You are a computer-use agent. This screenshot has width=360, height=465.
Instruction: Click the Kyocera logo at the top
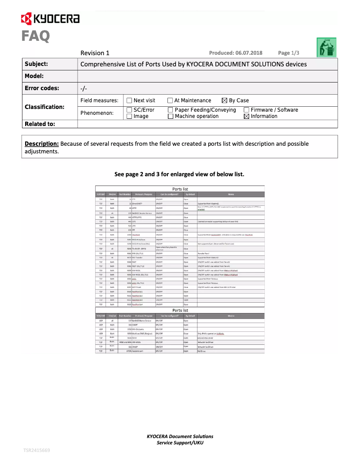coord(50,18)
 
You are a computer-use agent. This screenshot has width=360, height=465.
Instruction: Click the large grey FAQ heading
coord(35,36)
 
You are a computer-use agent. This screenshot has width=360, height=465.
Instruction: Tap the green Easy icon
coord(327,47)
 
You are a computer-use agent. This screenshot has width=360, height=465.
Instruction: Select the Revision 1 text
coord(95,53)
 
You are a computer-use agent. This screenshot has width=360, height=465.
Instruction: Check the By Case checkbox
coord(224,100)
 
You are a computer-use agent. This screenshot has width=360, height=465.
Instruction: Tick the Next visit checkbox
coord(129,100)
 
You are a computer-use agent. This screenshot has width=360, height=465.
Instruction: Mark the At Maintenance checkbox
coord(170,100)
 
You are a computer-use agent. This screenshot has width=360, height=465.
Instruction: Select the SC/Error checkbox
coord(129,110)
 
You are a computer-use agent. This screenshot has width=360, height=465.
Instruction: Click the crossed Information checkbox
coord(246,116)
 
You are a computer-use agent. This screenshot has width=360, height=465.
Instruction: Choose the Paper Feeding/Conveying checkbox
coord(170,110)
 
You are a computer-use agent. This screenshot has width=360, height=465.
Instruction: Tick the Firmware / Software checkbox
coord(246,110)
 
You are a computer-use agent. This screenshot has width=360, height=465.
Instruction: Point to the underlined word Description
coord(42,144)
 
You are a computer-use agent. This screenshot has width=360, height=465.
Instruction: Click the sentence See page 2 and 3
coord(179,174)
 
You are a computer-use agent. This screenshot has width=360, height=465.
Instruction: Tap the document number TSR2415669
coord(37,450)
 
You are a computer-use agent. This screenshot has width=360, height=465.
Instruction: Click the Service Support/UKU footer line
coord(180,443)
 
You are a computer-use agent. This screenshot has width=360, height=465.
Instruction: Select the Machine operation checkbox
coord(170,116)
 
